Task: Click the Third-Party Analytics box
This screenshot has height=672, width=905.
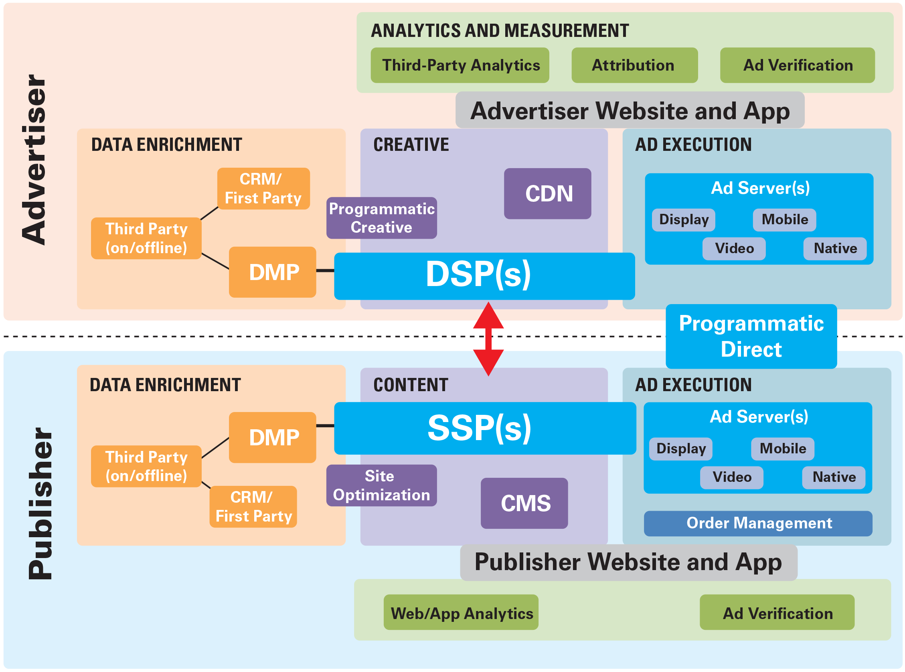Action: click(x=460, y=65)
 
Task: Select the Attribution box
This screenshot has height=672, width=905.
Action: click(x=634, y=65)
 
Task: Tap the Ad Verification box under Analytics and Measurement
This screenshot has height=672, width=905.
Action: click(x=797, y=65)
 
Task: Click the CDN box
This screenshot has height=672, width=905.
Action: click(x=547, y=193)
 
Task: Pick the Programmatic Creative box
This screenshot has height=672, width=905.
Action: click(x=381, y=217)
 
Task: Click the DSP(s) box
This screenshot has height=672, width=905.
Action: click(x=484, y=276)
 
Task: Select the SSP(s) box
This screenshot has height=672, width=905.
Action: click(x=485, y=428)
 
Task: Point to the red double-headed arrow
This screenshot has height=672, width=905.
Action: click(x=488, y=339)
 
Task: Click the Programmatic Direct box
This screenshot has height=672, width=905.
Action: click(x=751, y=336)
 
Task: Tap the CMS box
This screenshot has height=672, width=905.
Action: click(x=524, y=503)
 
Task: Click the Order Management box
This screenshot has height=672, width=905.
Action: click(x=758, y=523)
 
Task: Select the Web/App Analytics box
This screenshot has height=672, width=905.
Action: click(x=461, y=612)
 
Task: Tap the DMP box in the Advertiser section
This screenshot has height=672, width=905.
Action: click(x=272, y=272)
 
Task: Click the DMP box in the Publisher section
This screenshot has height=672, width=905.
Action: click(x=272, y=437)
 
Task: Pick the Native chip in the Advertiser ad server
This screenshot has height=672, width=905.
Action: click(x=835, y=248)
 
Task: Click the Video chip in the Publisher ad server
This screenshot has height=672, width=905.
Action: click(x=731, y=477)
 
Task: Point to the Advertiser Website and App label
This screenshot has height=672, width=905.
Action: click(x=630, y=110)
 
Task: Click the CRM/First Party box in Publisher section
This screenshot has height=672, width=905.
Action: click(x=253, y=506)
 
